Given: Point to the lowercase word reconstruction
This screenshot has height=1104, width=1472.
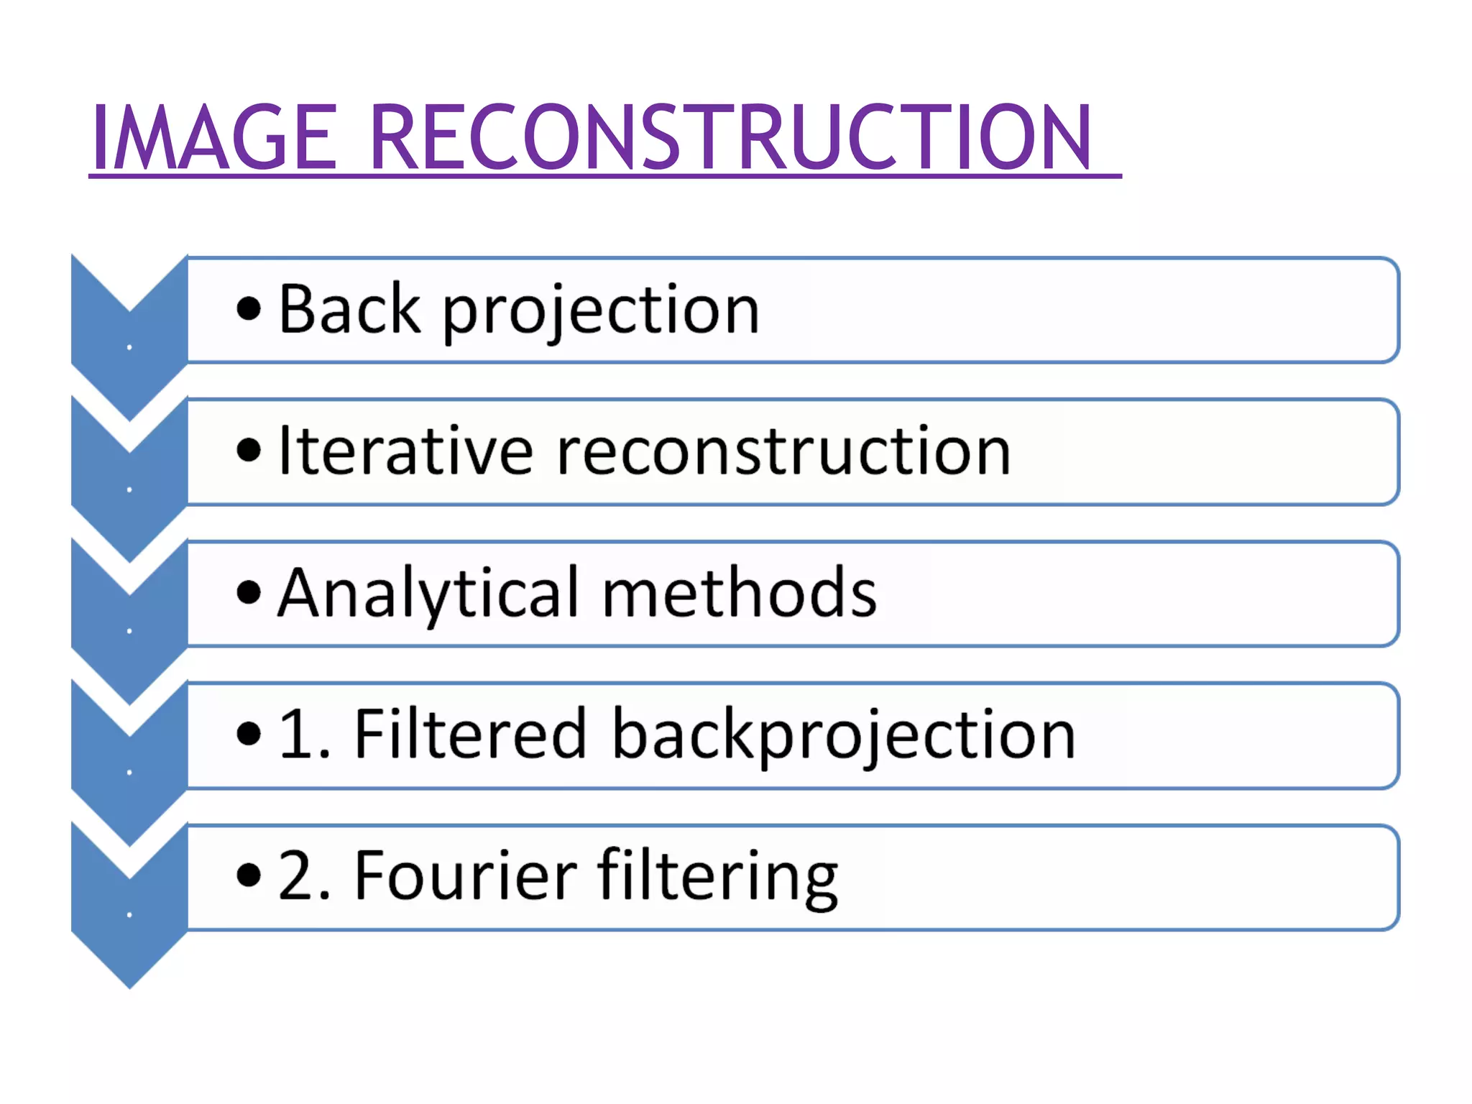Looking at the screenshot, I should tap(783, 452).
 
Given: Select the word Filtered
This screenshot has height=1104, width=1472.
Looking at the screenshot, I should tap(471, 734).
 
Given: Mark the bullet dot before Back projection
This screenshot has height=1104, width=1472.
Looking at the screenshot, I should tap(249, 310).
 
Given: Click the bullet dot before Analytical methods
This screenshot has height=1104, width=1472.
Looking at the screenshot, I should tap(249, 594).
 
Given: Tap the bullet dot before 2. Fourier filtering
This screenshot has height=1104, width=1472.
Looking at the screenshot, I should tap(249, 875).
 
